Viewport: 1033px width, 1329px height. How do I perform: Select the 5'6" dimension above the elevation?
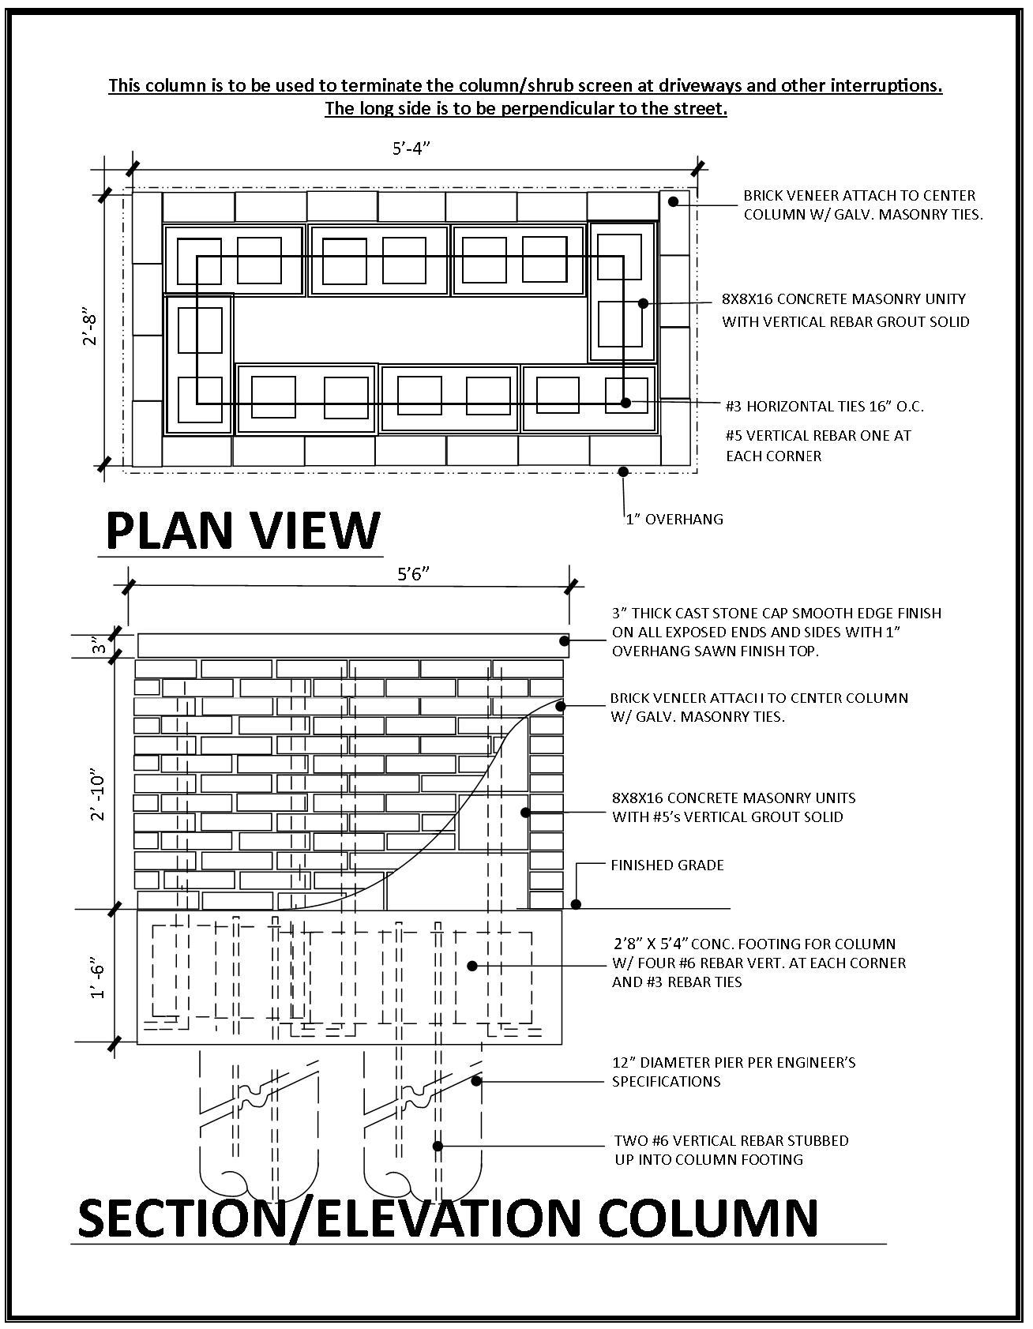point(413,574)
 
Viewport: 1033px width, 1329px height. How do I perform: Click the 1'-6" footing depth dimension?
point(98,979)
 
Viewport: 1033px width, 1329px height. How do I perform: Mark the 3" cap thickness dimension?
point(98,647)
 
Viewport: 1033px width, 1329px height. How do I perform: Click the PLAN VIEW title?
point(242,530)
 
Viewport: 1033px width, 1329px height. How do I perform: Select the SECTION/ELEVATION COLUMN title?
point(448,1217)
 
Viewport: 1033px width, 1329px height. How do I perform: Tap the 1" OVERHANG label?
point(674,519)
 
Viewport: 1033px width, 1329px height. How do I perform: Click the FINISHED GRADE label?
point(667,865)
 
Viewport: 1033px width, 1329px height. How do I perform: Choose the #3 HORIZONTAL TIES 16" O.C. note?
point(825,407)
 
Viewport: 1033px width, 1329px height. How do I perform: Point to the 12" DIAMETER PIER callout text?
point(733,1072)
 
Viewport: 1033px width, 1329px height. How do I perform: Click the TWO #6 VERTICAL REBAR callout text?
point(731,1150)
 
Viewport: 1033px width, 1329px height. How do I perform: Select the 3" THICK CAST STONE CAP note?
point(776,632)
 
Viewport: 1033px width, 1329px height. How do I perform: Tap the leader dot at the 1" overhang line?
point(623,471)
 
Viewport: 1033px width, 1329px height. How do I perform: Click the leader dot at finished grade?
point(576,904)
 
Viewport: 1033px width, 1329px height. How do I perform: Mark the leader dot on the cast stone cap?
point(564,641)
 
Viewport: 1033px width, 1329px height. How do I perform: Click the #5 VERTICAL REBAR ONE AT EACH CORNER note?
point(818,445)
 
